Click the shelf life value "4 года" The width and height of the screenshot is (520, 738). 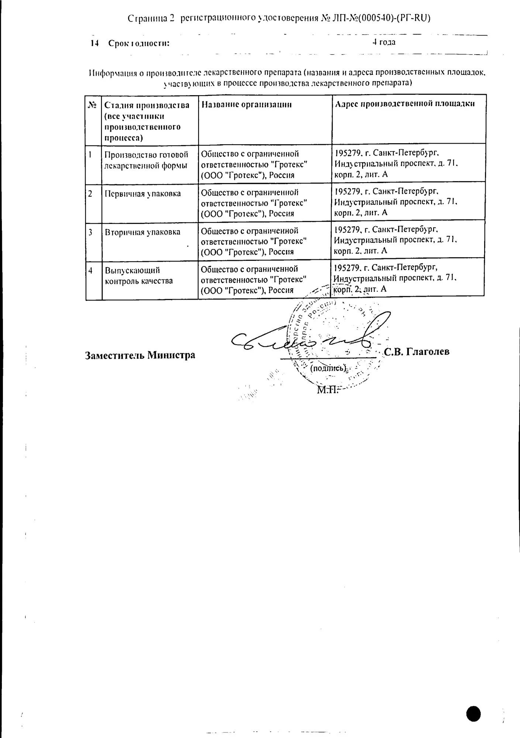pyautogui.click(x=384, y=42)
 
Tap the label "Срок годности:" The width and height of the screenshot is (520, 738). pyautogui.click(x=139, y=44)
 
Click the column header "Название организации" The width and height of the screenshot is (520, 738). pyautogui.click(x=247, y=104)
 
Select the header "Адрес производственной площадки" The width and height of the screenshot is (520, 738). pyautogui.click(x=404, y=104)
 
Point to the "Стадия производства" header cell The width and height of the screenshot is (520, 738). pyautogui.click(x=147, y=121)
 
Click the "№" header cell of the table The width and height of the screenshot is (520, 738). pyautogui.click(x=93, y=105)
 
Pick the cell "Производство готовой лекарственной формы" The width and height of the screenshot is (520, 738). pyautogui.click(x=147, y=160)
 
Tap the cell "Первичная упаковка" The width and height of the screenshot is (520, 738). pyautogui.click(x=143, y=194)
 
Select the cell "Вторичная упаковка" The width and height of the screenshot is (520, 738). pyautogui.click(x=143, y=232)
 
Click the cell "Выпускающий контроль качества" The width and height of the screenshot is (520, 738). pyautogui.click(x=139, y=276)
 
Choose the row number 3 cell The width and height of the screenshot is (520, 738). pyautogui.click(x=90, y=232)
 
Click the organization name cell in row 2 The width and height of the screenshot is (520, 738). pyautogui.click(x=254, y=203)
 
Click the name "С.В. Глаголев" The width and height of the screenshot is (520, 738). pyautogui.click(x=417, y=352)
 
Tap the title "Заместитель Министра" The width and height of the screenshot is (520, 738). pyautogui.click(x=140, y=355)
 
